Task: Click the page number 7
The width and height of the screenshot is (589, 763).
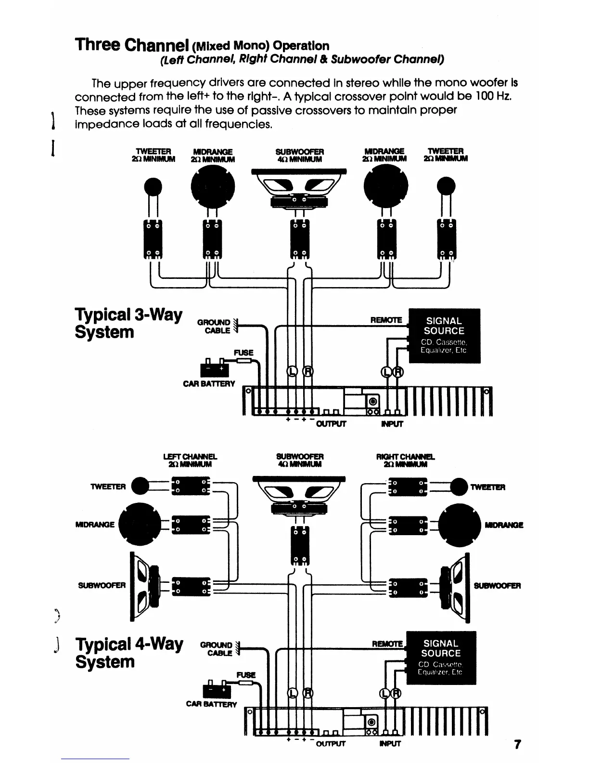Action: (x=517, y=744)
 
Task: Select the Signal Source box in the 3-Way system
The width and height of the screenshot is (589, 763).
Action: (x=444, y=335)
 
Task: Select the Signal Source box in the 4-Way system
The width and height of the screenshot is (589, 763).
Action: (x=441, y=658)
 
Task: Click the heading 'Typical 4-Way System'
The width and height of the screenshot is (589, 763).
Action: (x=129, y=653)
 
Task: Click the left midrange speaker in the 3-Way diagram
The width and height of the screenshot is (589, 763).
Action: (x=213, y=185)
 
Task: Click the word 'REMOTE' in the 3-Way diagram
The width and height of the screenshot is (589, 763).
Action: (x=386, y=319)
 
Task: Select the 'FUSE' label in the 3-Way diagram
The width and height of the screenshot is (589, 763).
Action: (x=243, y=353)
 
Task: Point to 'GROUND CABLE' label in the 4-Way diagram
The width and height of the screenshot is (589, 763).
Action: (x=217, y=648)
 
